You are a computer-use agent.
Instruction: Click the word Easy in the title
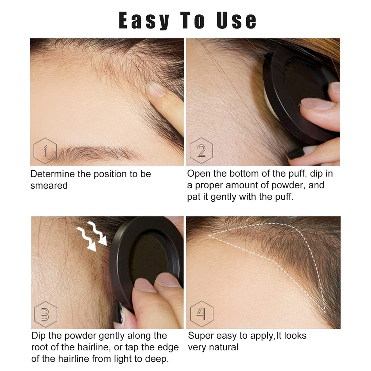pos(144,21)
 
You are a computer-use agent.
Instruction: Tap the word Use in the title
pos(237,21)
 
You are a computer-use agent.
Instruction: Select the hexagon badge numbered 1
pos(45,150)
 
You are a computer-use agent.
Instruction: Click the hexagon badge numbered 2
pos(201,150)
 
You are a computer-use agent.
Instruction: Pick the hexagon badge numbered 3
pos(45,314)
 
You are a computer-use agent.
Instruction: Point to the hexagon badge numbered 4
pos(202,314)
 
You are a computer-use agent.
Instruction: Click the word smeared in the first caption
pos(49,186)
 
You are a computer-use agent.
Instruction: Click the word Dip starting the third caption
pos(38,336)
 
